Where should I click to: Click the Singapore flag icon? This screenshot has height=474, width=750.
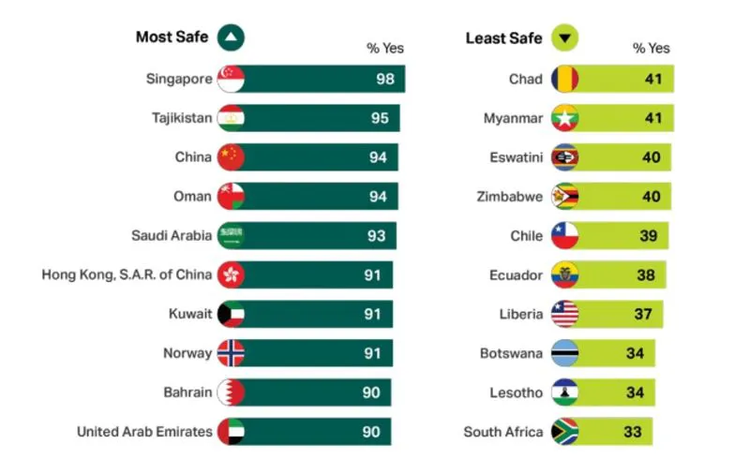231,80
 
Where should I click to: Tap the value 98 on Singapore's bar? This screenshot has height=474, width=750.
384,80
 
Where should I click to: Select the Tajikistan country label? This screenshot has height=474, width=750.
182,118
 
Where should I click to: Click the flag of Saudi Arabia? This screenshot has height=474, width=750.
231,236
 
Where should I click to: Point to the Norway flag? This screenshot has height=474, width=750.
231,353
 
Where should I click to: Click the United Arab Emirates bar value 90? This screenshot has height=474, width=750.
371,432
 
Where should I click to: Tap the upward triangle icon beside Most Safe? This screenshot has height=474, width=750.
231,37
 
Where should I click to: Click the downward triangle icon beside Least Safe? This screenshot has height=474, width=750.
565,38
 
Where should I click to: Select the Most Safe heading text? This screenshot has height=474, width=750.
172,37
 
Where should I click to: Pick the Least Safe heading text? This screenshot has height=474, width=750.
503,38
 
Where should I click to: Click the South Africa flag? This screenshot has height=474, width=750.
564,432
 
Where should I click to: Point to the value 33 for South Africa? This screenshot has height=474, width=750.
633,432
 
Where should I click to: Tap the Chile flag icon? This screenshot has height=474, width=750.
564,236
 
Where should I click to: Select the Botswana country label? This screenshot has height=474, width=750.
511,353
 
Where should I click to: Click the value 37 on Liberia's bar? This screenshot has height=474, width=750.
642,314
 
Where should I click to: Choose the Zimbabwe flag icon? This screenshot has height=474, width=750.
564,197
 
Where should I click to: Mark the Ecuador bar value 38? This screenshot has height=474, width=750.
646,275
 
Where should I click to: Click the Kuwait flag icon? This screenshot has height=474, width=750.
231,314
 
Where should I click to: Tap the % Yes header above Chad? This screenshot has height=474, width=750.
651,48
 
